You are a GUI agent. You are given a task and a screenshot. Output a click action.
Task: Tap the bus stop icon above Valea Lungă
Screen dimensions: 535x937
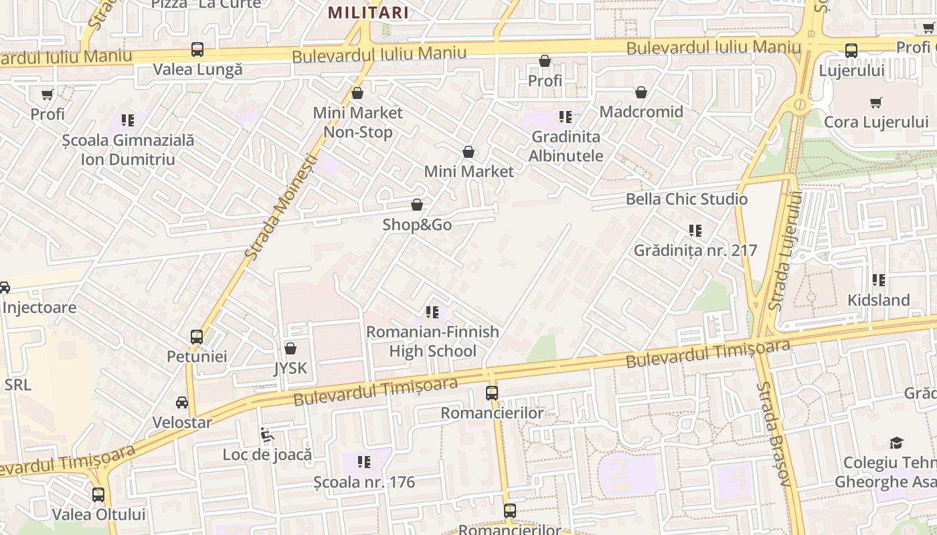[x=197, y=49]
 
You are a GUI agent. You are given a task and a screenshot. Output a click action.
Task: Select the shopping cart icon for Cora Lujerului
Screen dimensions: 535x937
[x=876, y=102]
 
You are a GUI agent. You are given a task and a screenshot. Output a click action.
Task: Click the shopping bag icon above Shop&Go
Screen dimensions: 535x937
[x=417, y=205]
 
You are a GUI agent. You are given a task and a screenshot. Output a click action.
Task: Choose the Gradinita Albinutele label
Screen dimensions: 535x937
[x=566, y=146]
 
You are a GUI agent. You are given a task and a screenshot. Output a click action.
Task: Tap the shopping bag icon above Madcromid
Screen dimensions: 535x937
[x=641, y=92]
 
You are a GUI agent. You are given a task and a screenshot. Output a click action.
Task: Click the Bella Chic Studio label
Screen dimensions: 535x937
[x=687, y=199]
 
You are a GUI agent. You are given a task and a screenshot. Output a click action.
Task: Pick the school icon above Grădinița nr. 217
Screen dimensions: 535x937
[x=695, y=231]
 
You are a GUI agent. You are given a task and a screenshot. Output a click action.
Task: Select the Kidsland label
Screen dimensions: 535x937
[x=878, y=300]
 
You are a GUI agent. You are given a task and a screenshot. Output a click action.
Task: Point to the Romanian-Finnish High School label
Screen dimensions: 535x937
[x=432, y=341]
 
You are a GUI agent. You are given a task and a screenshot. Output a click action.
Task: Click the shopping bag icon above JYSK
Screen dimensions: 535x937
[x=290, y=348]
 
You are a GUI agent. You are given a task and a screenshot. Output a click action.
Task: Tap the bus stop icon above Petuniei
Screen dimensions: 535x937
[x=197, y=336]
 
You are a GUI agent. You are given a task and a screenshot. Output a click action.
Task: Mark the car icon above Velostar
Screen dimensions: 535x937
[x=182, y=403]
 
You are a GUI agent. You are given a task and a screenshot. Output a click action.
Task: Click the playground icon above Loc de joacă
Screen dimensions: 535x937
[x=267, y=435]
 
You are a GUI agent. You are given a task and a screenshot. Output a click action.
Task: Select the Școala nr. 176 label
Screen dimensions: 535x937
[x=364, y=481]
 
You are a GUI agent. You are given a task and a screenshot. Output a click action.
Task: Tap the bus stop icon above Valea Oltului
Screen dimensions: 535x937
[x=98, y=495]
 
